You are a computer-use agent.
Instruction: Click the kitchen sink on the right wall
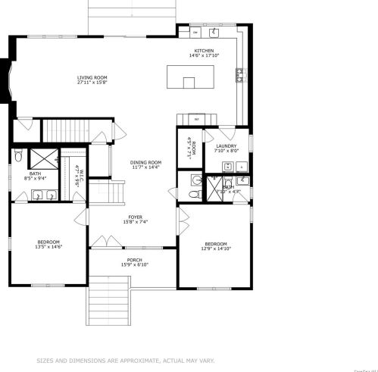[x=239, y=73]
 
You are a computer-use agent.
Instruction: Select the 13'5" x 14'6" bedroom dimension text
[x=48, y=246]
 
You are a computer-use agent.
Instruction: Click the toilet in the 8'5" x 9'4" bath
[x=17, y=158]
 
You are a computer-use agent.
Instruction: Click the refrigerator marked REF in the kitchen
[x=196, y=120]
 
